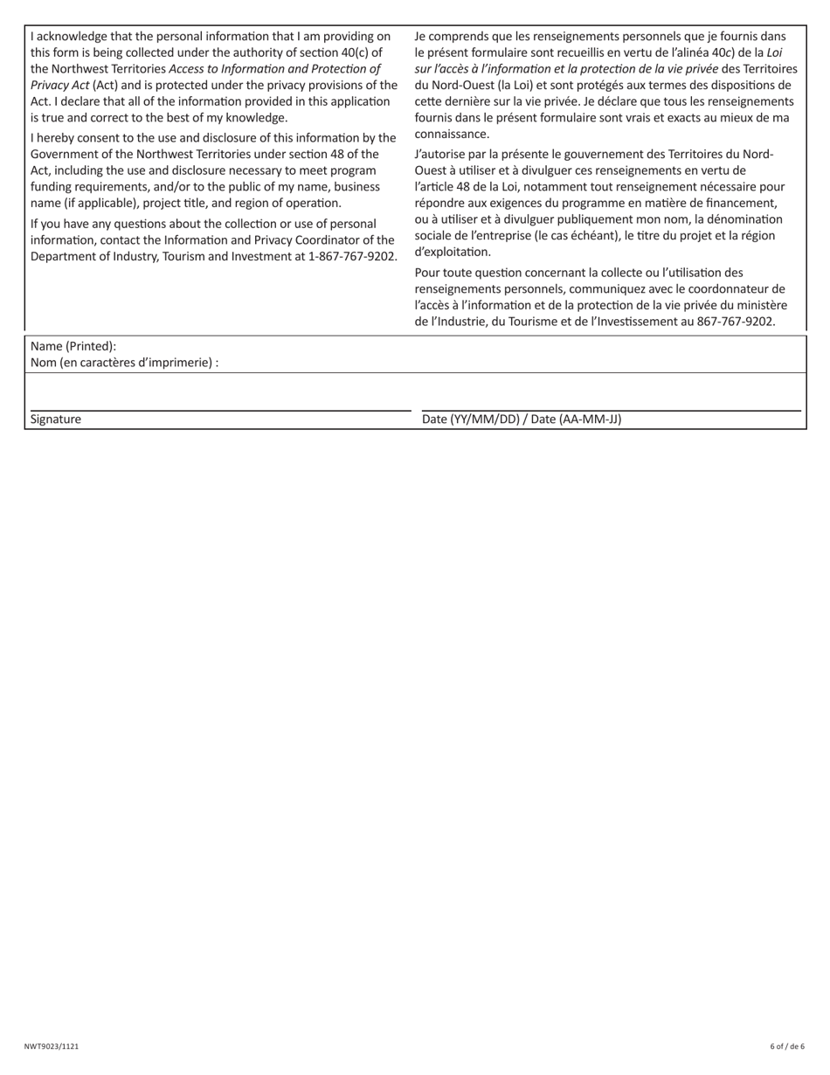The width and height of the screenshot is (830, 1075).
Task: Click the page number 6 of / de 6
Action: [787, 1046]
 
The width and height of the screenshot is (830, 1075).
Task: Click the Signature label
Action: [56, 420]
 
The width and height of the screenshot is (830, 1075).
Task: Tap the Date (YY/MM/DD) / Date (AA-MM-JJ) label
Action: [522, 420]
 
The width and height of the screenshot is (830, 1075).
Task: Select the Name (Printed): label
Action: [73, 346]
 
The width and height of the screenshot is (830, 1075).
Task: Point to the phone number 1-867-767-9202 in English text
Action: [352, 256]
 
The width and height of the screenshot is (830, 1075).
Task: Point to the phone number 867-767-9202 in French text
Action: [736, 322]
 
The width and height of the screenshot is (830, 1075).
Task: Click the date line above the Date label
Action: [611, 410]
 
